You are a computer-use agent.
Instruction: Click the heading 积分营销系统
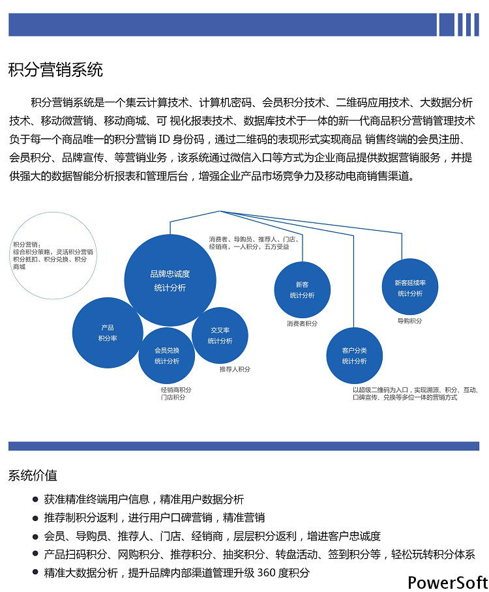pos(55,70)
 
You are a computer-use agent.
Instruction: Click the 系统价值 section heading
pos(33,475)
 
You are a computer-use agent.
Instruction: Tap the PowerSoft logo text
pos(447,583)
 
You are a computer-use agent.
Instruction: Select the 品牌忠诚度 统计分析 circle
pos(170,280)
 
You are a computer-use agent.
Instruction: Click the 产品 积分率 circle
pos(108,333)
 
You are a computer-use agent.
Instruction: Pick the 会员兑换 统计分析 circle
pos(166,355)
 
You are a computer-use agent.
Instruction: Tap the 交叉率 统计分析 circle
pos(220,335)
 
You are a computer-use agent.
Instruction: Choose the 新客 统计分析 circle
pos(302,289)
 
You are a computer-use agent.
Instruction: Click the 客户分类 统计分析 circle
pos(354,355)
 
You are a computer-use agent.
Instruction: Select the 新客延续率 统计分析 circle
pos(410,287)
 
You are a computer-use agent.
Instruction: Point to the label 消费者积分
pos(302,323)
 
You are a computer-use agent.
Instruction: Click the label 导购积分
pos(409,321)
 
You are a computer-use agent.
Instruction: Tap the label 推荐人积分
pos(235,369)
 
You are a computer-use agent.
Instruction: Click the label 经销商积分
pos(176,390)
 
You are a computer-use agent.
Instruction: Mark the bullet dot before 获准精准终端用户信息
pos(35,499)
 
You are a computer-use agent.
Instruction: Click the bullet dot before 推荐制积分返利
pos(35,518)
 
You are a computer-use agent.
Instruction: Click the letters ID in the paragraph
pos(164,140)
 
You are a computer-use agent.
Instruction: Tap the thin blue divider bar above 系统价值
pos(244,446)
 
